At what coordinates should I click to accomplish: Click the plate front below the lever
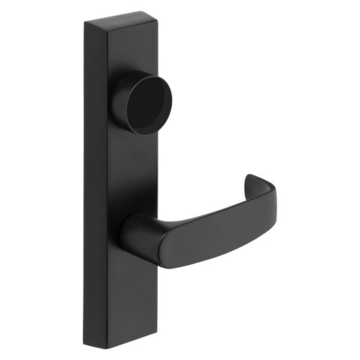point(133,302)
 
